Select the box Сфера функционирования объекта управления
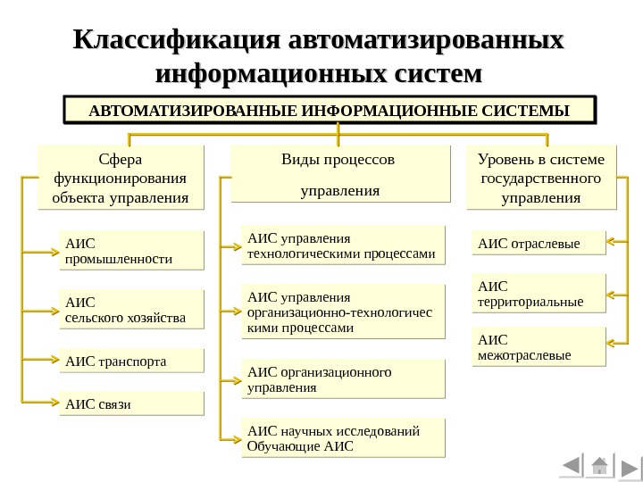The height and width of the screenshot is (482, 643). tap(121, 178)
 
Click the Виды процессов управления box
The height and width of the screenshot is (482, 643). tap(338, 176)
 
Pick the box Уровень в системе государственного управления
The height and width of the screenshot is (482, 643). tap(541, 178)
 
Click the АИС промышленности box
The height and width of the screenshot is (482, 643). tap(131, 251)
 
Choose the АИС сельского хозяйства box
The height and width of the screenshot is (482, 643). tap(131, 309)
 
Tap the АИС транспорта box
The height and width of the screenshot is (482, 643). tap(131, 361)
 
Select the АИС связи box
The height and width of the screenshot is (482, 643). tap(131, 403)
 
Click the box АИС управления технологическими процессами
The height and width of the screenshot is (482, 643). tap(343, 246)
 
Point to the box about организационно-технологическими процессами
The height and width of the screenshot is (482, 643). tap(343, 312)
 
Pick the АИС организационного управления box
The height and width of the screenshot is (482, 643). tap(343, 379)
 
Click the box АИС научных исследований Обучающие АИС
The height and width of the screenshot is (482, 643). tap(343, 438)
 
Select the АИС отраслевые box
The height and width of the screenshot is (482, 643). tap(539, 243)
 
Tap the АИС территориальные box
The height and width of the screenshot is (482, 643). tap(539, 294)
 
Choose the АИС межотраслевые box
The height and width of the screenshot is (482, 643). tap(539, 347)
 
